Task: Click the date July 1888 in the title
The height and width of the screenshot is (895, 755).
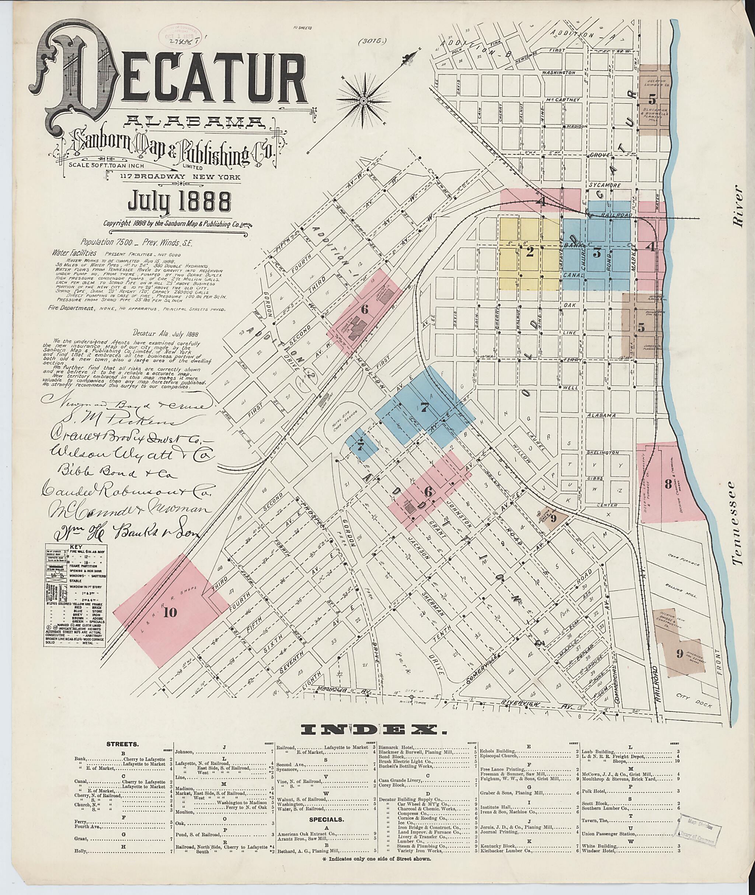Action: (177, 201)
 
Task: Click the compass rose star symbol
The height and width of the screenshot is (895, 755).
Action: (364, 101)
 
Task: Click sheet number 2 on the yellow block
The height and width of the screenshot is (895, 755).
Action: (529, 252)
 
